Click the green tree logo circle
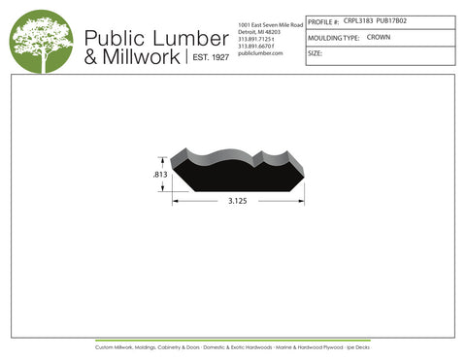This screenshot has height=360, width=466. (x=41, y=42)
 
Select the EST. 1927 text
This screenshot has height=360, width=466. (x=208, y=57)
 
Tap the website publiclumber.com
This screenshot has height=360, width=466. (x=259, y=53)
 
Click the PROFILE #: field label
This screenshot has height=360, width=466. (x=323, y=20)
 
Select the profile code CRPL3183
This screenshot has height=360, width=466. (x=359, y=20)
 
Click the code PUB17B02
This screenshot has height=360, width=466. (x=391, y=20)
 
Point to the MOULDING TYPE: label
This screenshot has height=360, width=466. (x=333, y=37)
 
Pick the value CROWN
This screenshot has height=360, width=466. (x=379, y=37)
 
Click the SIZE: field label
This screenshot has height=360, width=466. (x=315, y=53)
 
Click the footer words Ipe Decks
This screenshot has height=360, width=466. (x=357, y=346)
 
